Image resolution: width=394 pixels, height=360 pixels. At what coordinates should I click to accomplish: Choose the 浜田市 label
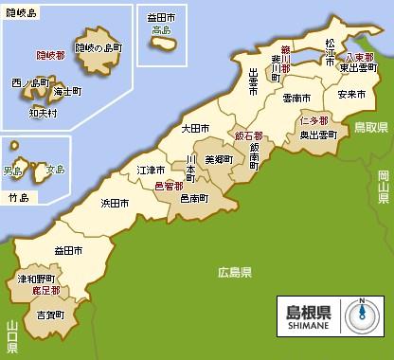point(115,203)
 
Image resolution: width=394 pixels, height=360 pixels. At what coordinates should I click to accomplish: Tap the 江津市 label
point(152,170)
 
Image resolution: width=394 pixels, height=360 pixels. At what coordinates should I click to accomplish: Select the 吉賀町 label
point(48,314)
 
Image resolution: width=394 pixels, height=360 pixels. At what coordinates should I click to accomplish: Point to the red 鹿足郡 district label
point(46,291)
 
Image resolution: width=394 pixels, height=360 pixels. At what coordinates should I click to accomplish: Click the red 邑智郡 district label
point(170,187)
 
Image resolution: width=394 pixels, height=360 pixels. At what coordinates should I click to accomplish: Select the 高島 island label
point(161,30)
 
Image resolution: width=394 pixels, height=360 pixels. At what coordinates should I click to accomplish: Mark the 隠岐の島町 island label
point(100,46)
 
